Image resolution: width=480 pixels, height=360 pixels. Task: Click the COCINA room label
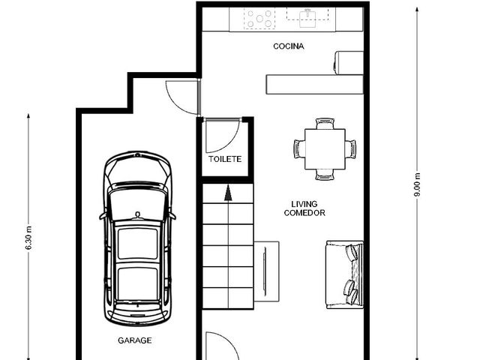[288, 46]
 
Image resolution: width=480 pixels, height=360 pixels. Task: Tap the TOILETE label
[225, 159]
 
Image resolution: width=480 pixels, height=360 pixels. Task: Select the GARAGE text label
[135, 340]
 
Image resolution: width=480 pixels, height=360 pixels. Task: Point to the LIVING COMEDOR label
[304, 208]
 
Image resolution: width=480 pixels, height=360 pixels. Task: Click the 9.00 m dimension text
[417, 185]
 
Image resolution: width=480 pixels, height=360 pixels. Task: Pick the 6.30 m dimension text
[28, 238]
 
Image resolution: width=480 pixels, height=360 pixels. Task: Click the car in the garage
[137, 238]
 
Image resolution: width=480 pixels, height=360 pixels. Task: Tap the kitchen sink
[307, 18]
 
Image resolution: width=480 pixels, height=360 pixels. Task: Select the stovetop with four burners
[259, 19]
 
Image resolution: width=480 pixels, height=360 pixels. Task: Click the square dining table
[325, 149]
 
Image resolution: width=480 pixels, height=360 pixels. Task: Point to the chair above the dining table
[325, 124]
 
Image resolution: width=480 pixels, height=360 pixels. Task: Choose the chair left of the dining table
[299, 149]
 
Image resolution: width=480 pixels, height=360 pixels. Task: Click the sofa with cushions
[345, 274]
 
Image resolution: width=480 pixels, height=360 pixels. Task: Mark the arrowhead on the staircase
[228, 193]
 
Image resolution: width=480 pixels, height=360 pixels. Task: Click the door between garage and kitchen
[183, 97]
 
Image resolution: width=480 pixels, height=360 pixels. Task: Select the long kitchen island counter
[315, 84]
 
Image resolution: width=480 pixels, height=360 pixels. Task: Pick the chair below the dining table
[325, 175]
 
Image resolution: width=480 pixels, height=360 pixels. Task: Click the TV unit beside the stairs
[267, 271]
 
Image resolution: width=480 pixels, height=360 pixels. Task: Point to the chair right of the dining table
[351, 149]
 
